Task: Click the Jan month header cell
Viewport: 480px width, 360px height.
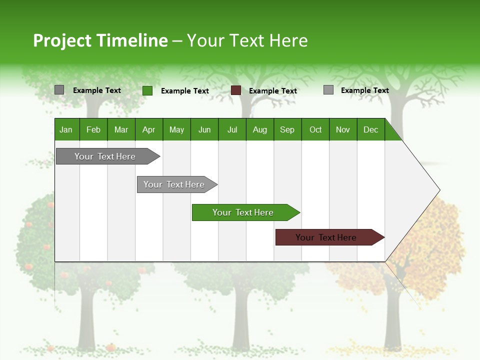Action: pyautogui.click(x=66, y=129)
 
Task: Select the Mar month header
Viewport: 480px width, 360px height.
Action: pyautogui.click(x=121, y=129)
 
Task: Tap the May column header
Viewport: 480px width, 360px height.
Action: pyautogui.click(x=176, y=129)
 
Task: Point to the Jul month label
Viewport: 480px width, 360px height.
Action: pyautogui.click(x=232, y=129)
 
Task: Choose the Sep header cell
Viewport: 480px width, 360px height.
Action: pyautogui.click(x=287, y=129)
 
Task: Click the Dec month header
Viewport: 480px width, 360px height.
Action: pyautogui.click(x=370, y=129)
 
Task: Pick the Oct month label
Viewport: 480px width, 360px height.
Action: pyautogui.click(x=315, y=129)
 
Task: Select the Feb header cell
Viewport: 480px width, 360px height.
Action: pyautogui.click(x=93, y=129)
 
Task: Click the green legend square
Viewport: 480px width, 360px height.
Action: pyautogui.click(x=147, y=90)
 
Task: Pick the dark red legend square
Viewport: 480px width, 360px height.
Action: pyautogui.click(x=236, y=90)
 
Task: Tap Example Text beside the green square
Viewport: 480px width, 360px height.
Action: pyautogui.click(x=184, y=91)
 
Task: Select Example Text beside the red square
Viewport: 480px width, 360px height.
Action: pyautogui.click(x=272, y=91)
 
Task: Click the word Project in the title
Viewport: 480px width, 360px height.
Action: pyautogui.click(x=62, y=40)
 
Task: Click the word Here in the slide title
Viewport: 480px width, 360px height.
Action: pyautogui.click(x=288, y=40)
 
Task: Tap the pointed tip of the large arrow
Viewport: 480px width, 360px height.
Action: pyautogui.click(x=438, y=190)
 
